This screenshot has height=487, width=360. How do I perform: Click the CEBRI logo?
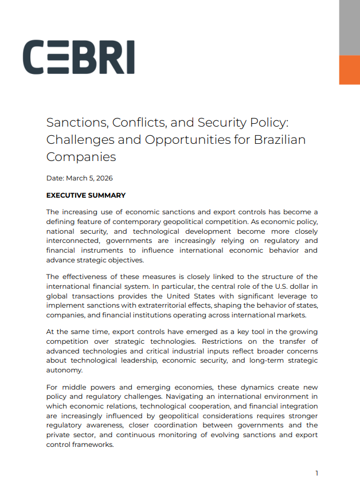coord(79,57)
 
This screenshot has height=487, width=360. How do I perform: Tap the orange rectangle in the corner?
coord(349,70)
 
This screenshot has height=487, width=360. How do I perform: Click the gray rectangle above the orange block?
coord(349,28)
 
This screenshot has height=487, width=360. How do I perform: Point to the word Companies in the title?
coord(81,156)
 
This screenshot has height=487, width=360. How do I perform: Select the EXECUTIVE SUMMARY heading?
coord(85,195)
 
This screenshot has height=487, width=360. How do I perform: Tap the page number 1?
coord(316,473)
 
